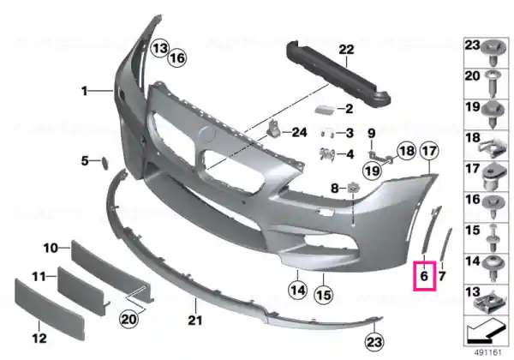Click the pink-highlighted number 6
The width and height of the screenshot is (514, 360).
point(424,276)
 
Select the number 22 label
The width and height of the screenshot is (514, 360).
point(346,50)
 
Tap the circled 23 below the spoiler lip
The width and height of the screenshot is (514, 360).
point(374,342)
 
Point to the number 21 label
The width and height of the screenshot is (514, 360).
point(195,321)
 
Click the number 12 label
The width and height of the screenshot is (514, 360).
point(39,338)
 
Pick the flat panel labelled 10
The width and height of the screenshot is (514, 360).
point(112,272)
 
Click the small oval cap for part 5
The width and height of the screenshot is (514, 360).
point(105,163)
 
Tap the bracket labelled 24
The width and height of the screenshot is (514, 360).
point(274,129)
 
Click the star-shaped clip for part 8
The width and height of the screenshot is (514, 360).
point(352,189)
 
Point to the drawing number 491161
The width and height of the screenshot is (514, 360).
point(488,353)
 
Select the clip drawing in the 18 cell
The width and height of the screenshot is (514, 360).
point(489,147)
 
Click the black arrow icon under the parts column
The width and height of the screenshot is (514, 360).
point(485,331)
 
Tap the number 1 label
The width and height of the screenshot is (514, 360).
point(85,91)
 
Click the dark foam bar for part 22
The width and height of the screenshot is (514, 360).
point(338,73)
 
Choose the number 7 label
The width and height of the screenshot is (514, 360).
point(442,276)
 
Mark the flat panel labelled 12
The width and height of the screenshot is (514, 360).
point(50,309)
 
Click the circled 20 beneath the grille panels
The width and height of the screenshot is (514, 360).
point(128,319)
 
